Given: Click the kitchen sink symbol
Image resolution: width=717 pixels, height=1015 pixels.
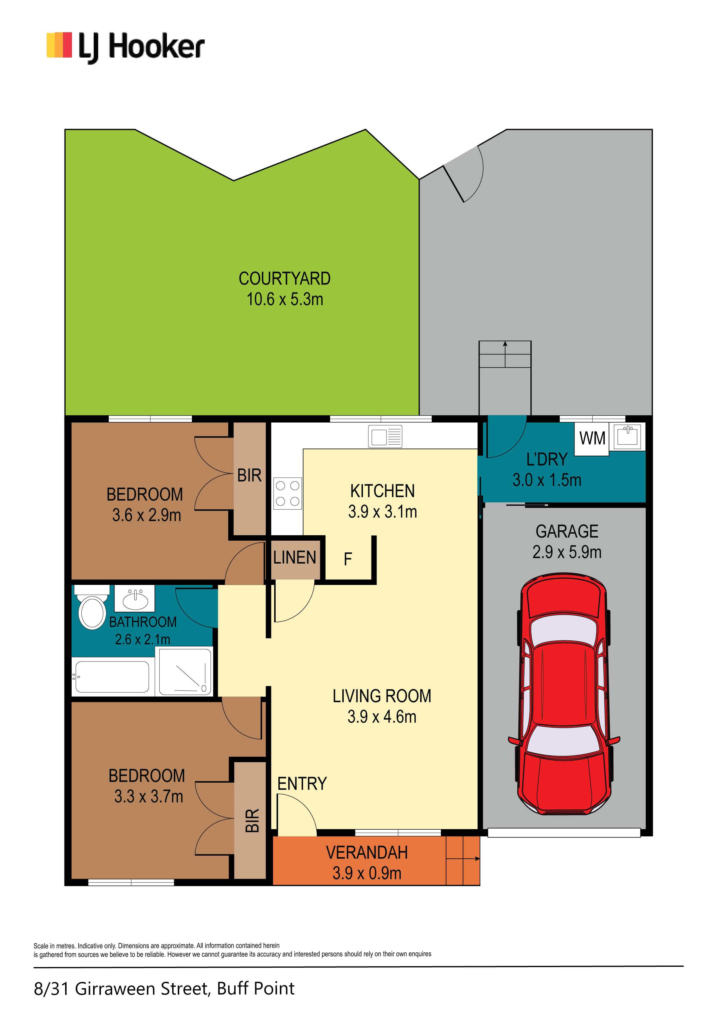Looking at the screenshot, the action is point(385,437).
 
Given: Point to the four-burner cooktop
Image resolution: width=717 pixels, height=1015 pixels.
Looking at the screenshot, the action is point(287,493).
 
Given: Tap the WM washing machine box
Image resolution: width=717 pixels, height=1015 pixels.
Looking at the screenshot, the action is point(592,438).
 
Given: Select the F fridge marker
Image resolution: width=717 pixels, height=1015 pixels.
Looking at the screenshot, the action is point(348,559).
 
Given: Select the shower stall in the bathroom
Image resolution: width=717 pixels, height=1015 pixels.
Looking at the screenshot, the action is point(185,671).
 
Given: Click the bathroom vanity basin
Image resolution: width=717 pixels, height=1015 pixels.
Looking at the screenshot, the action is point(135,599).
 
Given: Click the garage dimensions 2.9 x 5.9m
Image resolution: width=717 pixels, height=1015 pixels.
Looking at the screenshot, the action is point(567,552).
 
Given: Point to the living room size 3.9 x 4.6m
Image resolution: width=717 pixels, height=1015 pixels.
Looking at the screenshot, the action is point(382,717).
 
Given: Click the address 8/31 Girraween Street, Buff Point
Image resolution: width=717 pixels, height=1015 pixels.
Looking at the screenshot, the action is point(164,988).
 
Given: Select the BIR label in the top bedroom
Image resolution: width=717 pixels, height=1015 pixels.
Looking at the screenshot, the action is point(249,476).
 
